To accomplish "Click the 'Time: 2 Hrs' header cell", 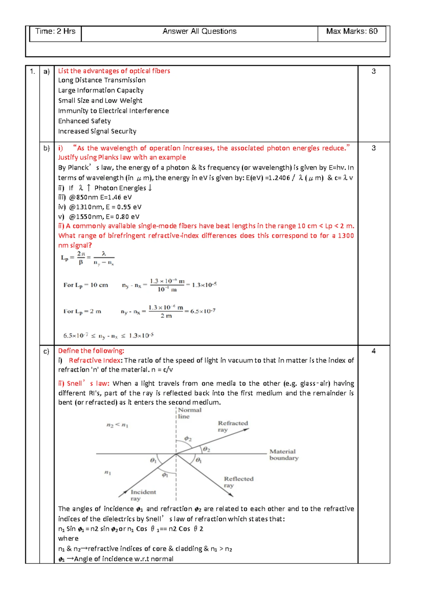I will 55,32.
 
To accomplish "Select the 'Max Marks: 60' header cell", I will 351,32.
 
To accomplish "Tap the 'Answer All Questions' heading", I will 200,32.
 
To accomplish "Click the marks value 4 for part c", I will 374,351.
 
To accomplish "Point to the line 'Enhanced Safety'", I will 85,121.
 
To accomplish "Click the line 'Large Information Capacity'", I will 101,91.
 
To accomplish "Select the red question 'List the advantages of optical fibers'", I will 114,71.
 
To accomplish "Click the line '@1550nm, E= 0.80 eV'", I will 104,217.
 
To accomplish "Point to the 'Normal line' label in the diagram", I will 189,413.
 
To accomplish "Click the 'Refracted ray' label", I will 233,426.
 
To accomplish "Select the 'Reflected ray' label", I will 238,482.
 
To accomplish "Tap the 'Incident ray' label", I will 143,495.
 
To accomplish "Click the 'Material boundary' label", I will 284,455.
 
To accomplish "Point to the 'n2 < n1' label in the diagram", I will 117,426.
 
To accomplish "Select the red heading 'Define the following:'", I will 91,351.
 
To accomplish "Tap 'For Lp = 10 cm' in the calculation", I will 86,285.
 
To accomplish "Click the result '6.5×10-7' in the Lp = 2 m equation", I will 203,311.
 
